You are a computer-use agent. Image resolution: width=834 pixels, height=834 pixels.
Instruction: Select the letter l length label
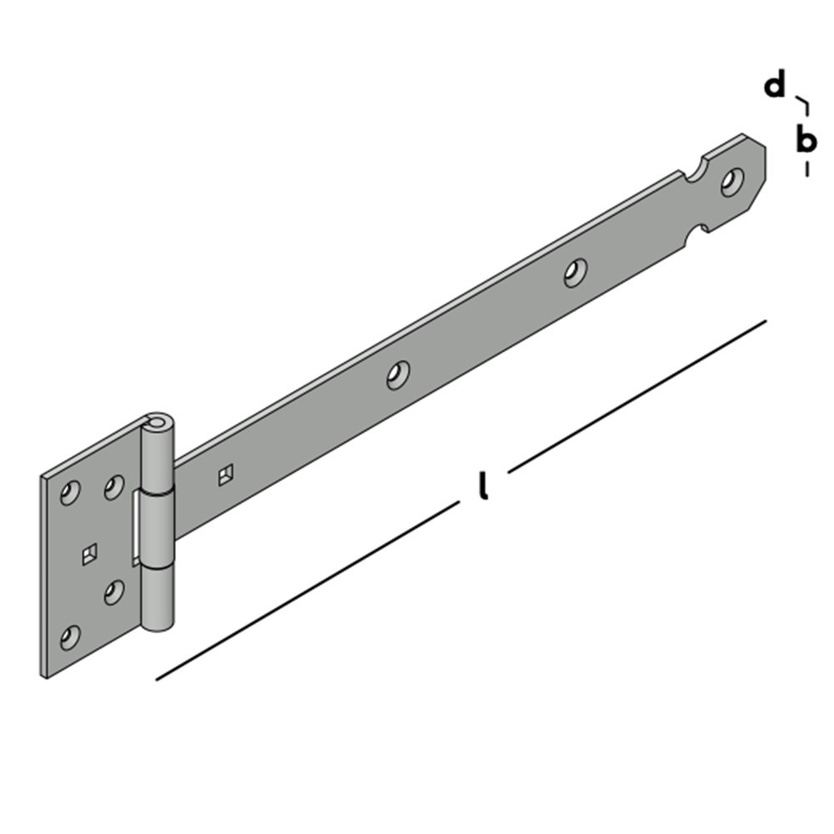point(483,486)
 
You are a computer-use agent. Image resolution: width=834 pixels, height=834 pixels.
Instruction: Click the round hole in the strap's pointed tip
point(734,181)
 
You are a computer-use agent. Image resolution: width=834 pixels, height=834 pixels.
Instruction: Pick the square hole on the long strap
point(224,476)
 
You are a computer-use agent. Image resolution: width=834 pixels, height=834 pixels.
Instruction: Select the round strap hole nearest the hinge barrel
point(399,374)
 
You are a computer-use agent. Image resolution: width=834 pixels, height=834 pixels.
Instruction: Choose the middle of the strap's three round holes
point(575,272)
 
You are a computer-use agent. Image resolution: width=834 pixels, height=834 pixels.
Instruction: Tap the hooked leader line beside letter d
point(803,104)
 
